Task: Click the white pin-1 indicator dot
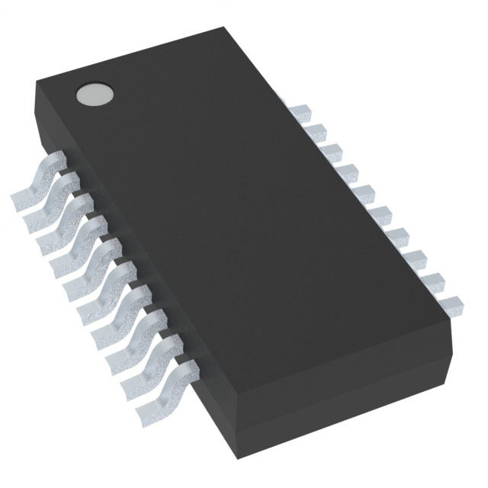[94, 94]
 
